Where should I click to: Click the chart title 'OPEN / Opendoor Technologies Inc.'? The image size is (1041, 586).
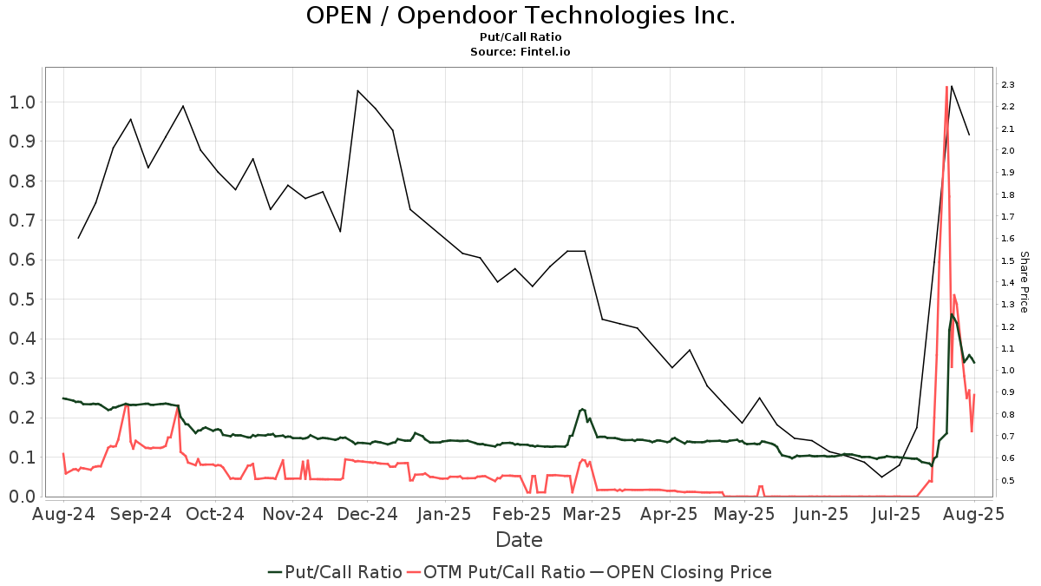click(520, 16)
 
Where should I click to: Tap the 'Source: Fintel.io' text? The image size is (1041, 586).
click(520, 52)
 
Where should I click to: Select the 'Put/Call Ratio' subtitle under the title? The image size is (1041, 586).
click(520, 37)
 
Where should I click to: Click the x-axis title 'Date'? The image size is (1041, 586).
click(519, 540)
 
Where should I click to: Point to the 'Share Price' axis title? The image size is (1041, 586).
click(1024, 282)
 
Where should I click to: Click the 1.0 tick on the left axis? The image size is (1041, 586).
click(22, 102)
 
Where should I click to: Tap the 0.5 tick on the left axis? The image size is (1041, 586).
click(22, 300)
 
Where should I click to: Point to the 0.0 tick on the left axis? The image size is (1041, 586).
click(22, 497)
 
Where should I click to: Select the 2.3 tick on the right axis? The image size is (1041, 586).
click(1008, 85)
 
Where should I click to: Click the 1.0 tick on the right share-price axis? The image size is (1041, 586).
click(1008, 371)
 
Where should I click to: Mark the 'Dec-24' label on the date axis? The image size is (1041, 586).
click(367, 514)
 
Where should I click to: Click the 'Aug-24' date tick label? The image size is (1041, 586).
click(64, 514)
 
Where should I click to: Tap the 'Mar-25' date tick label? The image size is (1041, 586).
click(593, 514)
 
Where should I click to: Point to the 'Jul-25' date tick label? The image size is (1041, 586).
click(896, 514)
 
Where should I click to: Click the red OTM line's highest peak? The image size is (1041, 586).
click(946, 87)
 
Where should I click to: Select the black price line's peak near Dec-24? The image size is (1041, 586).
click(358, 90)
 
